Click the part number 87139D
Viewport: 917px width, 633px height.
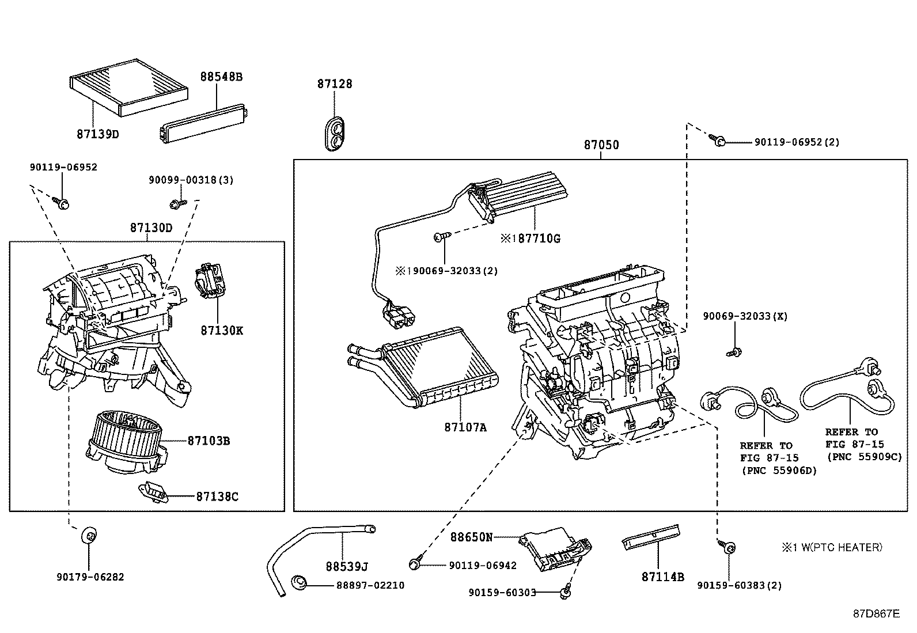[x=97, y=134]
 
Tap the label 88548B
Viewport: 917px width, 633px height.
[x=221, y=76]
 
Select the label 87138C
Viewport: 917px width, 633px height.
[x=217, y=496]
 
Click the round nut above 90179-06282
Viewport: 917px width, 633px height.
[x=89, y=535]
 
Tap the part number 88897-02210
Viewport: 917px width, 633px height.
[x=370, y=585]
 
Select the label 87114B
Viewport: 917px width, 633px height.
[x=662, y=577]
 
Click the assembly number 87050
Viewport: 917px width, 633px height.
[x=601, y=145]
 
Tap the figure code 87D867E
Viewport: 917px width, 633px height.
[x=876, y=613]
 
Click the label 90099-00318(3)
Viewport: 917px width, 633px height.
[x=191, y=180]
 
